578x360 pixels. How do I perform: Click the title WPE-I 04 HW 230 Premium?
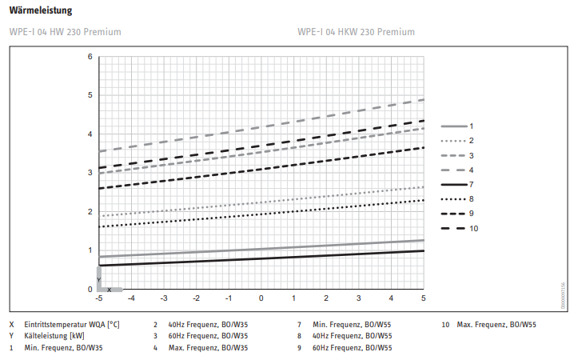pyautogui.click(x=65, y=32)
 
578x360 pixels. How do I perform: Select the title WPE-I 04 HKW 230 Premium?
pyautogui.click(x=356, y=32)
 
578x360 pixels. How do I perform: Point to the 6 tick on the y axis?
pyautogui.click(x=90, y=56)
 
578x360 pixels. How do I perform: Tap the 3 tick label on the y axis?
pyautogui.click(x=90, y=173)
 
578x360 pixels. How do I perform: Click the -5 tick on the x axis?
pyautogui.click(x=98, y=298)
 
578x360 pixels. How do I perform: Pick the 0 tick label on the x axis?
pyautogui.click(x=261, y=298)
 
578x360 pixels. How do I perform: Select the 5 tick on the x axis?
pyautogui.click(x=423, y=298)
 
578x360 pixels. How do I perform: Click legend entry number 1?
pyautogui.click(x=472, y=126)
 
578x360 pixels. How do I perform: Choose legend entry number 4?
pyautogui.click(x=472, y=170)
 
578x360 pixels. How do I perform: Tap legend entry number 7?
pyautogui.click(x=472, y=185)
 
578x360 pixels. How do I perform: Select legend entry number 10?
pyautogui.click(x=474, y=229)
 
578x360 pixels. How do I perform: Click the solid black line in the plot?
pyautogui.click(x=261, y=258)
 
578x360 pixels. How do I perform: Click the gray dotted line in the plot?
pyautogui.click(x=261, y=201)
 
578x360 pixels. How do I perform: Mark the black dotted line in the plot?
pyautogui.click(x=261, y=214)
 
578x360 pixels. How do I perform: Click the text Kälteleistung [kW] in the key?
pyautogui.click(x=54, y=336)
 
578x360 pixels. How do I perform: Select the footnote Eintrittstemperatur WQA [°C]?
pyautogui.click(x=72, y=325)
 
